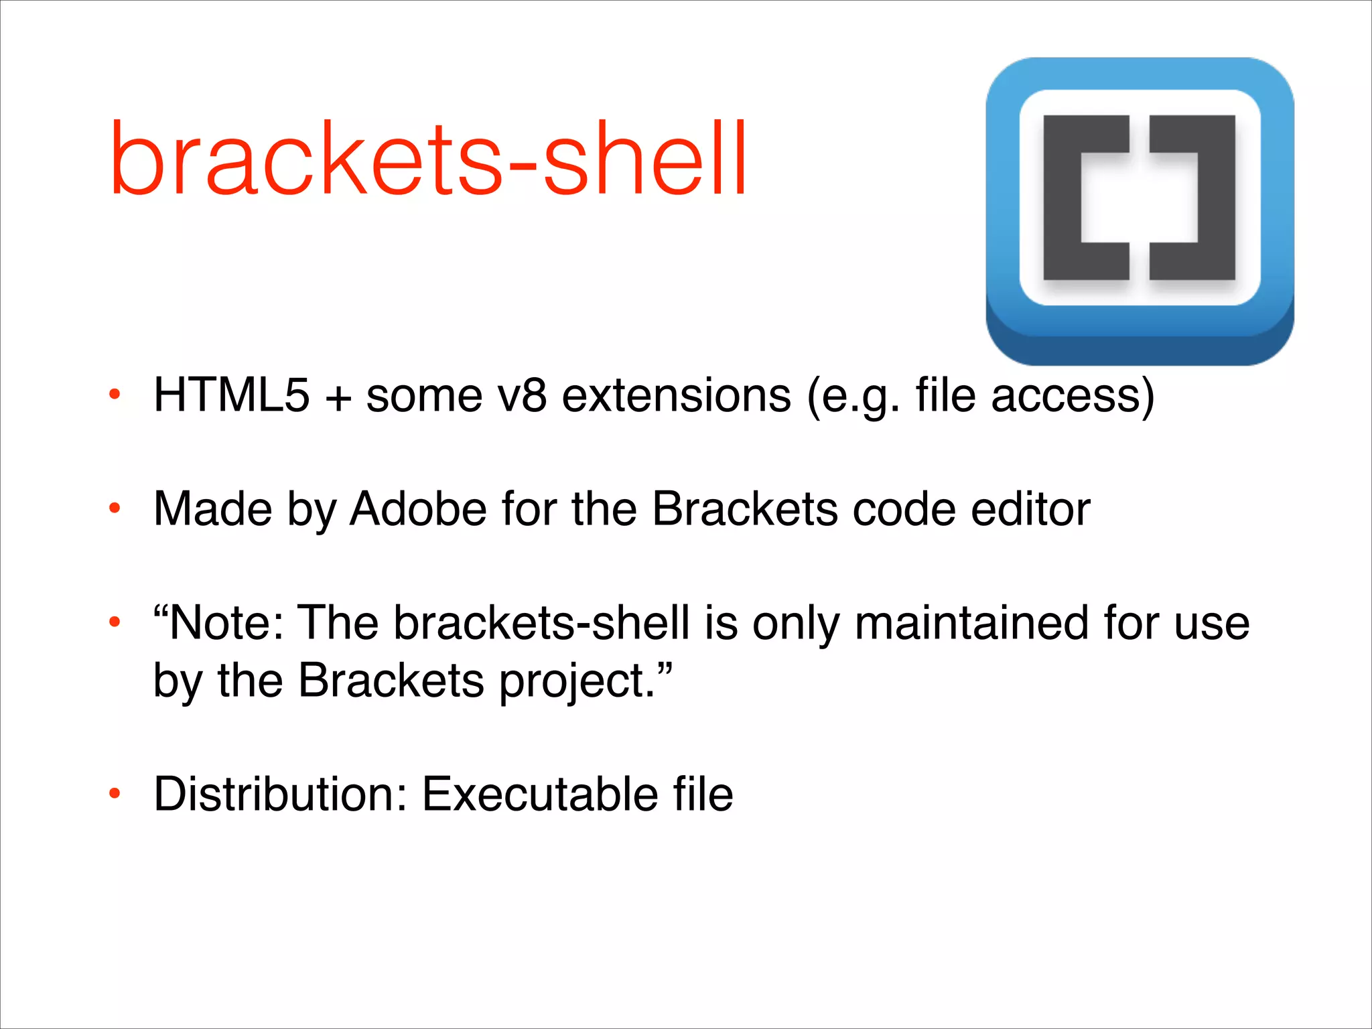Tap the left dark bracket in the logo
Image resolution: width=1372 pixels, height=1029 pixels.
point(1065,198)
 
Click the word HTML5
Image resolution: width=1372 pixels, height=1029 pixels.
point(232,395)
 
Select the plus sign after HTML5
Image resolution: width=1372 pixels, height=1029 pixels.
point(338,397)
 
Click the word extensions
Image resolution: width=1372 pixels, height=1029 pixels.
point(677,395)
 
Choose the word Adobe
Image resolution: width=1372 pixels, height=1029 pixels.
point(418,509)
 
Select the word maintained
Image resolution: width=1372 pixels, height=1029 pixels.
point(971,623)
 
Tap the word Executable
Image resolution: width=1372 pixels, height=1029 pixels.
point(540,795)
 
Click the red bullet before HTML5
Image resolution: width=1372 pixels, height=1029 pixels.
point(115,395)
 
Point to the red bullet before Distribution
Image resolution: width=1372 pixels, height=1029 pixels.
point(115,795)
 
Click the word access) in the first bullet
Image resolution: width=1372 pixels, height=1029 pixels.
point(1073,395)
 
